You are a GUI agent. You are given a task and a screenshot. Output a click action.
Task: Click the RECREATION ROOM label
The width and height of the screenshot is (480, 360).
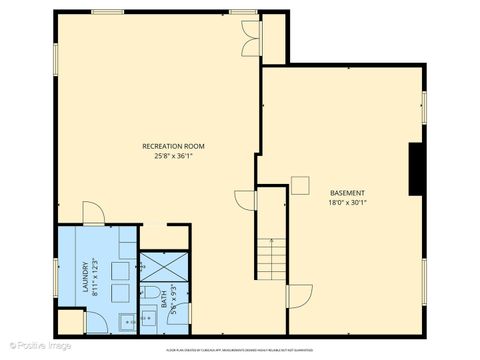tap(173, 146)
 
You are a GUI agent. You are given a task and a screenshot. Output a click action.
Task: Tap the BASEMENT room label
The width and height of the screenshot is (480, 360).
tap(347, 192)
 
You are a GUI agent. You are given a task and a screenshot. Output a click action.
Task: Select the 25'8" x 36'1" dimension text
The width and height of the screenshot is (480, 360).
tap(173, 156)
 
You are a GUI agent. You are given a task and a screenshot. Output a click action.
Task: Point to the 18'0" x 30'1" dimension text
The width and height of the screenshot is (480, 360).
tap(347, 202)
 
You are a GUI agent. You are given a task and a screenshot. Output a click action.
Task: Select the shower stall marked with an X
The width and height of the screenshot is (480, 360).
tap(156, 268)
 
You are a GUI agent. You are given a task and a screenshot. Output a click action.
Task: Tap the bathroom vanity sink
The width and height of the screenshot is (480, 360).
tap(148, 321)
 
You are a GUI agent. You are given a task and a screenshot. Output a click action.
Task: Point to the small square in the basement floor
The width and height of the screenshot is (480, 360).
tap(300, 183)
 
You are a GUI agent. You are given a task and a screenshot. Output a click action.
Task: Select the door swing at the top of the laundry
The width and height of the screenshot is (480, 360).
tap(91, 213)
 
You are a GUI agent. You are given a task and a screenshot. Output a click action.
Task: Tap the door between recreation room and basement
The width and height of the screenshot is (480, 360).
tap(245, 200)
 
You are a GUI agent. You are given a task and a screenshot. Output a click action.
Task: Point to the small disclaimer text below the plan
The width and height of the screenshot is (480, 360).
tap(241, 350)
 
